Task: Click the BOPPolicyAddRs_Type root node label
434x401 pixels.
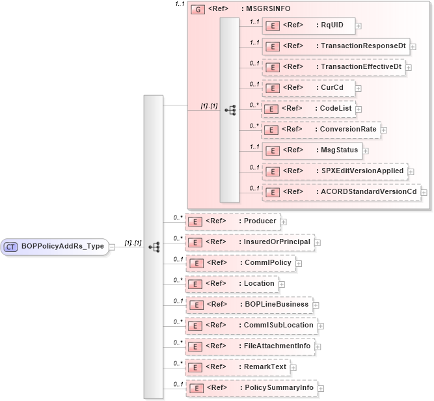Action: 62,247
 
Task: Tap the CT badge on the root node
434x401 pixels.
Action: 11,247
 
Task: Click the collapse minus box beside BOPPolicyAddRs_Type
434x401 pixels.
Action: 112,247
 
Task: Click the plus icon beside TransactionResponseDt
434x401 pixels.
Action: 413,47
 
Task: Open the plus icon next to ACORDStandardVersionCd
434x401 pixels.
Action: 424,192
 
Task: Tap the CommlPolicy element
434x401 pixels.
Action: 241,262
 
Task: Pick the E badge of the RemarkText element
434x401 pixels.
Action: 193,367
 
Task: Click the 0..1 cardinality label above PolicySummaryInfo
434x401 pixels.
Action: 178,384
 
